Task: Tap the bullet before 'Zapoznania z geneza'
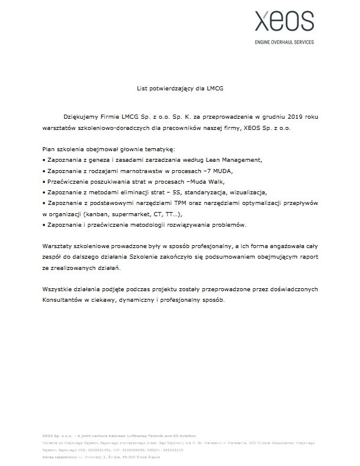[x=44, y=160]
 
